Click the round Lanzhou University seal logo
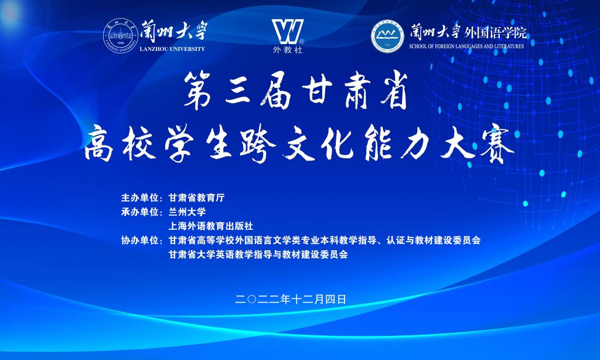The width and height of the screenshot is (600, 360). [121, 36]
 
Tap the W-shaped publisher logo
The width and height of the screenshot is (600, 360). [288, 32]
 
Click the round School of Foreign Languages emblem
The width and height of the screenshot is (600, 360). [387, 36]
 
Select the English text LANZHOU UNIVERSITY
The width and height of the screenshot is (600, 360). [172, 49]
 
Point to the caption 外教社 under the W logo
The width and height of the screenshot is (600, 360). [288, 50]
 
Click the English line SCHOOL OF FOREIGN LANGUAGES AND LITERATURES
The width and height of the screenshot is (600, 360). [466, 46]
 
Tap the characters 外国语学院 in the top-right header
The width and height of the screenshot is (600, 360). [496, 33]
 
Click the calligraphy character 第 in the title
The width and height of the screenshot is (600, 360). [197, 91]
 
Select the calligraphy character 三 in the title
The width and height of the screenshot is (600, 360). [239, 92]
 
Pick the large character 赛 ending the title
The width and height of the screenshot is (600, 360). [496, 146]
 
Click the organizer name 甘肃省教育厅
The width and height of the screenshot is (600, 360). [197, 198]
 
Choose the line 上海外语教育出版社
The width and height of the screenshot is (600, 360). [211, 226]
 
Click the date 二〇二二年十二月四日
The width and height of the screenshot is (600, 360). [291, 300]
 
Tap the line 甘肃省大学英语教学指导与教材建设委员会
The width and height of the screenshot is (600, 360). [258, 254]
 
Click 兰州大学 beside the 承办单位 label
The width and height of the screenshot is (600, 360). [187, 212]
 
